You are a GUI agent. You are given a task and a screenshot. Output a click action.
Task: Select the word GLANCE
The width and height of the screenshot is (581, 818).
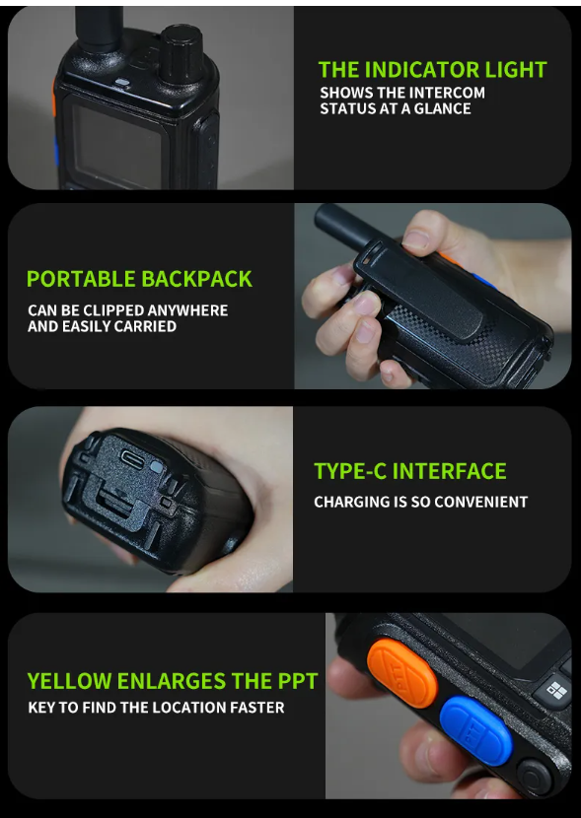tap(443, 108)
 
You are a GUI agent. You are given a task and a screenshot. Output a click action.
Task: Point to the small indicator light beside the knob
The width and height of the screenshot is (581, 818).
tap(122, 82)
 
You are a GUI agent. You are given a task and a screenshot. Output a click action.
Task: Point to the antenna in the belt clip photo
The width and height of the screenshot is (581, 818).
tap(343, 226)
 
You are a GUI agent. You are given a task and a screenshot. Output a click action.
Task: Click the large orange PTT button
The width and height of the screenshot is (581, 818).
tap(401, 673)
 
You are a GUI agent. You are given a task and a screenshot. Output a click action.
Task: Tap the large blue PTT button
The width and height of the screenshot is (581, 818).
tap(475, 730)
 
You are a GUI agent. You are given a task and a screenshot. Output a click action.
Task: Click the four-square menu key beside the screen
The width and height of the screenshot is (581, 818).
tap(556, 691)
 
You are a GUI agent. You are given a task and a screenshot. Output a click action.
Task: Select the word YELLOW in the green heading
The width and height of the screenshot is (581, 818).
tap(69, 681)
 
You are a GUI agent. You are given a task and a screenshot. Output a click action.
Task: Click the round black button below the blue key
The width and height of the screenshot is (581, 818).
tap(535, 779)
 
